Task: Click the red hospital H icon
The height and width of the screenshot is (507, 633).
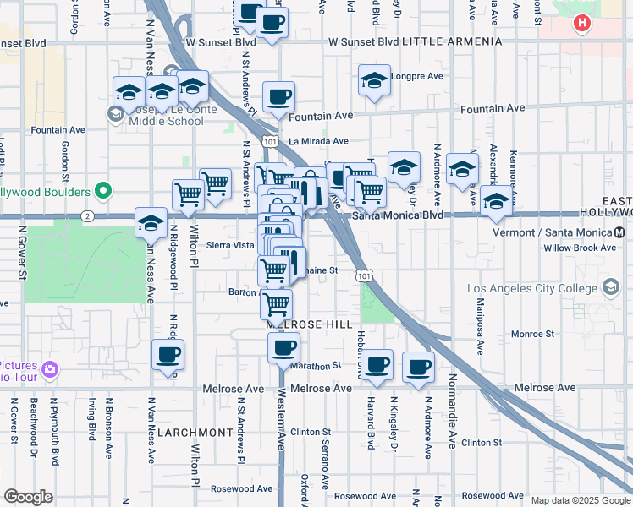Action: click(x=581, y=24)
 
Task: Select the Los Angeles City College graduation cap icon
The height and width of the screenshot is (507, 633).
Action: click(x=609, y=289)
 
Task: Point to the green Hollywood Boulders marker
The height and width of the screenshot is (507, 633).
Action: click(x=104, y=191)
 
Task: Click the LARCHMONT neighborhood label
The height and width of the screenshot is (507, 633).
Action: click(x=195, y=432)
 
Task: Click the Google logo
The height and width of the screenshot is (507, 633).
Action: click(x=28, y=496)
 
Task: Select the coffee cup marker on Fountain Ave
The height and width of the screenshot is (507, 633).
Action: click(x=278, y=97)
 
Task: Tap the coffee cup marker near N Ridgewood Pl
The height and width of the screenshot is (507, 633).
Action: click(x=168, y=354)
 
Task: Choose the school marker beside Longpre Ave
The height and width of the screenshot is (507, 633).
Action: click(x=374, y=80)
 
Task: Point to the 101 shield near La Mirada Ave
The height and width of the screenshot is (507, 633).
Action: click(x=268, y=141)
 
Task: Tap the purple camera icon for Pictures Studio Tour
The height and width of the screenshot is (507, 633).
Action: click(x=50, y=369)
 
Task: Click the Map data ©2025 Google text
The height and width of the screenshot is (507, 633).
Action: click(x=580, y=500)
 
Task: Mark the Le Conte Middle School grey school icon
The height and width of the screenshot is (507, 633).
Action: click(x=115, y=113)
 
